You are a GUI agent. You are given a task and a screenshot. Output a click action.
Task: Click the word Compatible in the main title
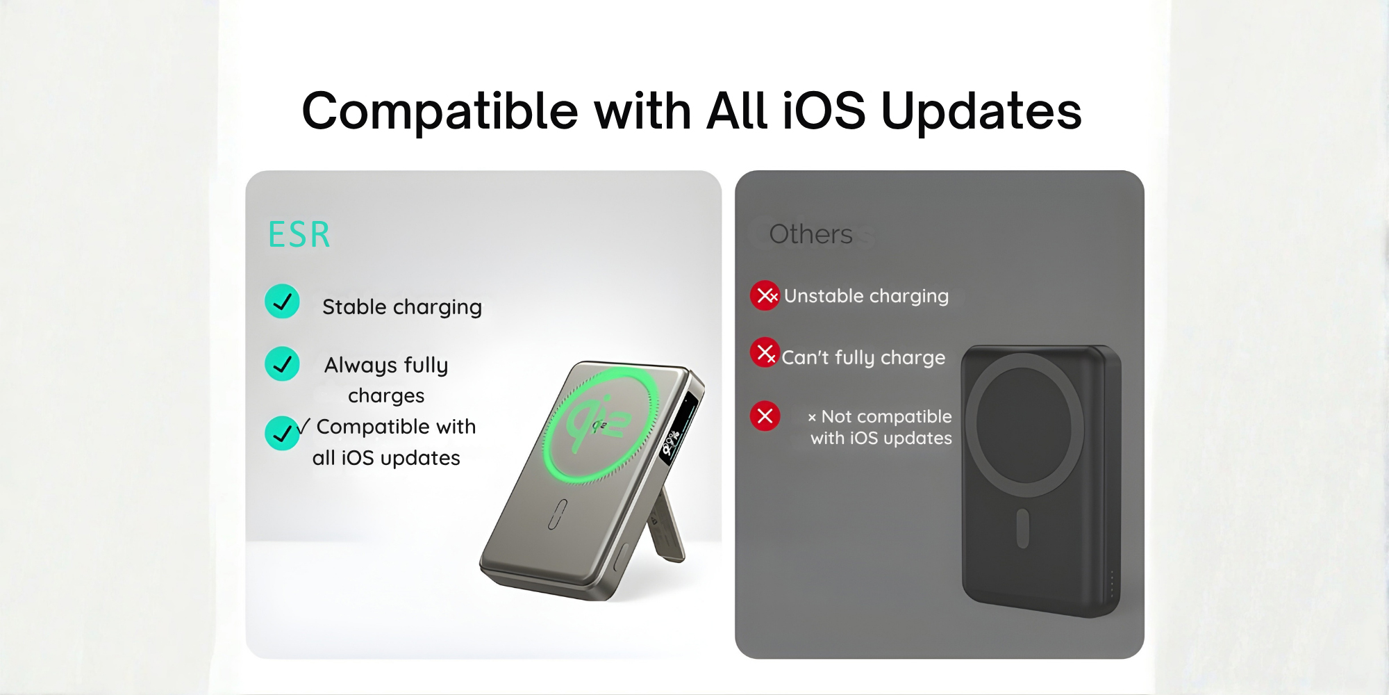pos(440,112)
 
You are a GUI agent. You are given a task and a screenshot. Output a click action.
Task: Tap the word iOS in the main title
pos(824,111)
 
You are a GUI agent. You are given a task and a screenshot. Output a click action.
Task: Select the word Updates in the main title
pos(981,112)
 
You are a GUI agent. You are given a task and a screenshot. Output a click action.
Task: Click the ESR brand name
pos(299,234)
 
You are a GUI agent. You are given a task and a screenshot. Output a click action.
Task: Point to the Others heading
pos(810,234)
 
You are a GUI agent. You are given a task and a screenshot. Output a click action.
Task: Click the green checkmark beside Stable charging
pos(282,302)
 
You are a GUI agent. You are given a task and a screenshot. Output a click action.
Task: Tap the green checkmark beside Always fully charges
pos(282,363)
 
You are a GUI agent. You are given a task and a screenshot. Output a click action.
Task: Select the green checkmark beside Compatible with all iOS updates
pos(282,433)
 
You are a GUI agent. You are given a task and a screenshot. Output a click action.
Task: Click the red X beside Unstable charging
pos(765,295)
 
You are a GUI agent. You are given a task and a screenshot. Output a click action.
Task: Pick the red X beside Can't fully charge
pos(765,352)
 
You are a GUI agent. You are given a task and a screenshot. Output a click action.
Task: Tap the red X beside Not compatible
pos(765,416)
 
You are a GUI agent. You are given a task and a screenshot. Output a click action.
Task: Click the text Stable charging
pos(402,307)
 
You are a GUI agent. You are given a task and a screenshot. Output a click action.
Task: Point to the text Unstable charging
pos(866,296)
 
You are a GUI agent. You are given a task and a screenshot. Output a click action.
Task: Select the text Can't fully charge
pos(863,357)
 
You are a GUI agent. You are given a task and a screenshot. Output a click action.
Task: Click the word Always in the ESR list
pos(360,366)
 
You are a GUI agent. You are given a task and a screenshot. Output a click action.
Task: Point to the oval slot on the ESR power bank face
pos(558,514)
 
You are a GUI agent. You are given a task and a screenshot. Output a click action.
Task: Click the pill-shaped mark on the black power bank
pos(1022,528)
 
